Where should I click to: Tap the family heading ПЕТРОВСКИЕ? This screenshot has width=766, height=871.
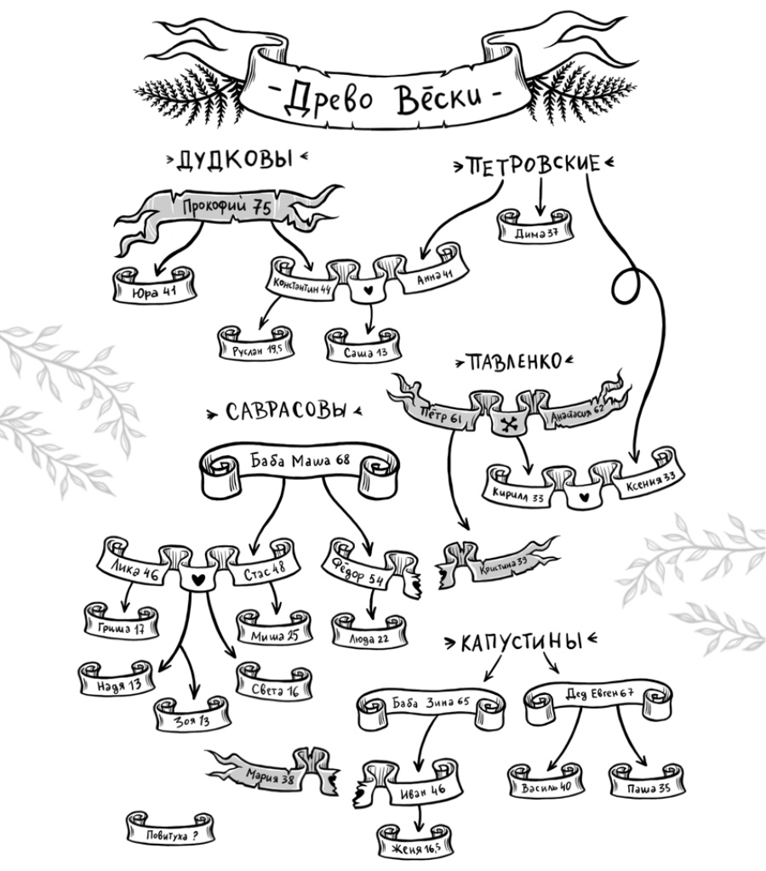click(x=535, y=165)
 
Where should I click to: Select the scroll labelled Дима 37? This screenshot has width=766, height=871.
click(x=536, y=232)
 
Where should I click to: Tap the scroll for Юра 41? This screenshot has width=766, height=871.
click(x=154, y=289)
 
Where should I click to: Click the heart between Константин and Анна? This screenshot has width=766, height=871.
click(x=369, y=290)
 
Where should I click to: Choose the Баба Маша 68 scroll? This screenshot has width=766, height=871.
click(x=300, y=464)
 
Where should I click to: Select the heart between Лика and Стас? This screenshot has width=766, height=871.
click(x=197, y=578)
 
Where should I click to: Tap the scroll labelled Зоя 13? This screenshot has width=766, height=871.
click(x=191, y=719)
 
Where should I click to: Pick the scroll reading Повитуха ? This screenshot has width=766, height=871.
click(x=171, y=834)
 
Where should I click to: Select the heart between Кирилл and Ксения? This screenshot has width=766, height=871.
click(x=583, y=494)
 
